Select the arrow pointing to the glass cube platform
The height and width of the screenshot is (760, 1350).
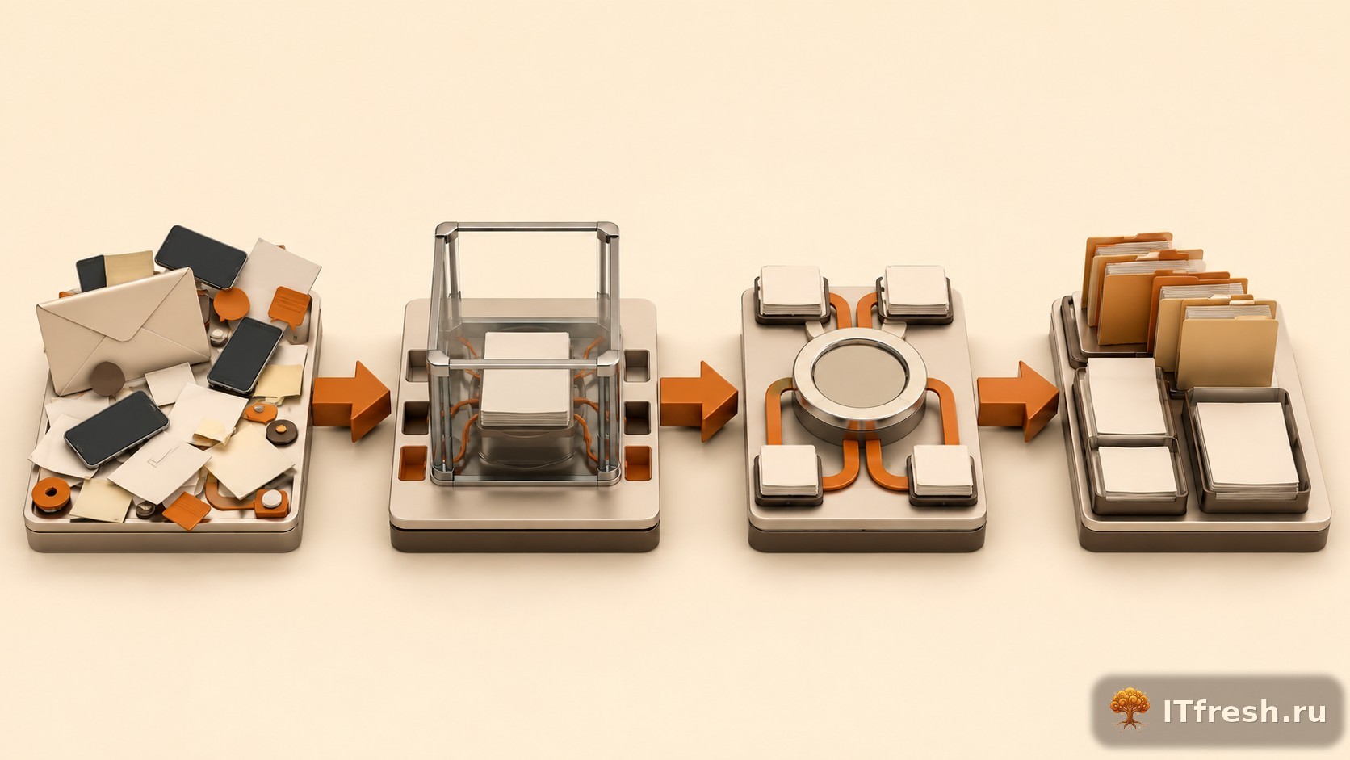(350, 401)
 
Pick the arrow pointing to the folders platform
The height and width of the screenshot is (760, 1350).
(1017, 401)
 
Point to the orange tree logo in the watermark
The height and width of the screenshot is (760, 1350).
(1130, 709)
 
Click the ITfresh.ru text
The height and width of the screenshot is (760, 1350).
(1244, 712)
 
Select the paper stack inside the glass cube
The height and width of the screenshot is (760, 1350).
(526, 380)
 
